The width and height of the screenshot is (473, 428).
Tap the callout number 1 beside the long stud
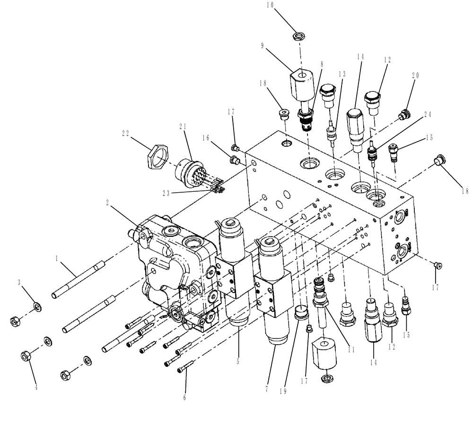coord(57,259)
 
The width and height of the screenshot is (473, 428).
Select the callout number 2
coord(108,202)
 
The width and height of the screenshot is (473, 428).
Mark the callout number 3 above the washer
coord(19,283)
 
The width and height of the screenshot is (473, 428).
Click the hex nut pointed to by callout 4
coord(26,356)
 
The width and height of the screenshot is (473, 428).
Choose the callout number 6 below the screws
coord(185,398)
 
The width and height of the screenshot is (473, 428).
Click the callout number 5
coord(238,362)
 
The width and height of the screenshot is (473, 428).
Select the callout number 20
coord(415,76)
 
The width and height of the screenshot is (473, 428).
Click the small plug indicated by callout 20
coord(403,114)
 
